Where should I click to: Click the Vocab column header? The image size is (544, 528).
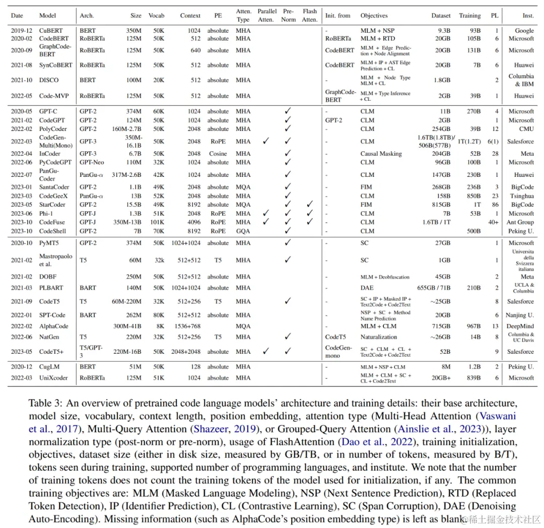tap(156, 16)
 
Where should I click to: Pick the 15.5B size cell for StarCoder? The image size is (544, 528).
tap(131, 205)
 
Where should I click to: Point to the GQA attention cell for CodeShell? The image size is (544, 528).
tap(243, 231)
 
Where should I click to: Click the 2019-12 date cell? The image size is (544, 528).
tap(21, 31)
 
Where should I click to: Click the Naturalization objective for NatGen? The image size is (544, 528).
tap(379, 337)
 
